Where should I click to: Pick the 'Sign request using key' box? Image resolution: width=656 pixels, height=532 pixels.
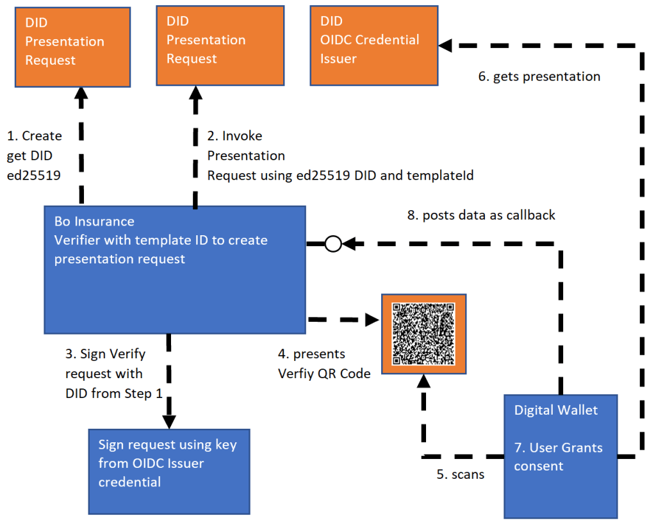168,471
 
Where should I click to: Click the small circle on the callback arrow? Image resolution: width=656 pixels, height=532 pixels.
332,244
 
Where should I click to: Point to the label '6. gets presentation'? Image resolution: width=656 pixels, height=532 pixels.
539,77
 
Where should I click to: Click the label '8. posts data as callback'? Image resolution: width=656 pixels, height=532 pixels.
481,215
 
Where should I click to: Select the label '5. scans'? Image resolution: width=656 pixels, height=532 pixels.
461,475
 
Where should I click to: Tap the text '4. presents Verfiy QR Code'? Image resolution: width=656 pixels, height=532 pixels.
324,363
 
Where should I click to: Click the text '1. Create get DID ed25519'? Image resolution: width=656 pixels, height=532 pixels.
34,155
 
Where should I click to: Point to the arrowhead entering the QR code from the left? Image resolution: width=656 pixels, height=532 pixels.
371,319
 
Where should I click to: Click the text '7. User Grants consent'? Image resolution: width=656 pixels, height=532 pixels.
559,456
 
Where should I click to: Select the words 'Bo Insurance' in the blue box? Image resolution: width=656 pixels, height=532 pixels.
94,222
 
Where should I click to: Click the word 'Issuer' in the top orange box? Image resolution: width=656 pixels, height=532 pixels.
339,58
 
